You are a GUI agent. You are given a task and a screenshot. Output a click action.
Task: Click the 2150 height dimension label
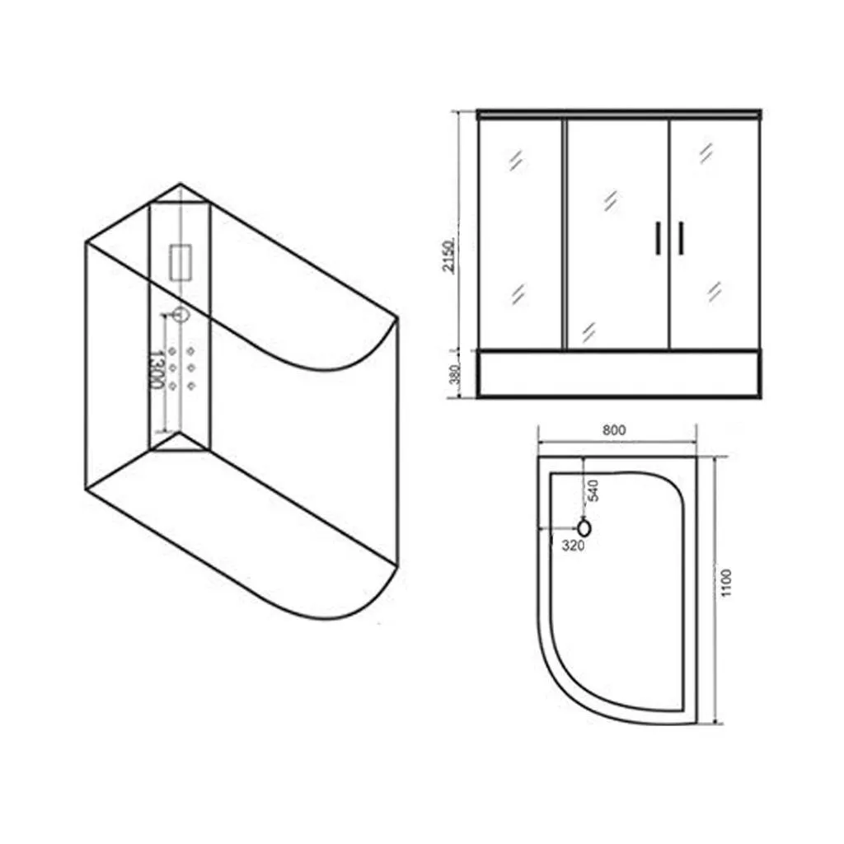point(449,256)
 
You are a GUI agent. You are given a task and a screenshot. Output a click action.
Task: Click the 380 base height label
point(455,374)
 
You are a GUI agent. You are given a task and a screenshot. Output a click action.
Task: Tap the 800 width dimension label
point(614,430)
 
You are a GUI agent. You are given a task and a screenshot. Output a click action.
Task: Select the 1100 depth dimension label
point(727,583)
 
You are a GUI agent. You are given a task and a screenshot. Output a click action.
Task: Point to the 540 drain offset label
point(593,490)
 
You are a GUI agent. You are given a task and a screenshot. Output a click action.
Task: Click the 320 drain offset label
point(573,546)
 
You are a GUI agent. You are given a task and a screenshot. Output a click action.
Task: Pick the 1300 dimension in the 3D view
point(156,369)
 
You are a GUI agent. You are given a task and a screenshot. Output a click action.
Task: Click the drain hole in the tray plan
point(584,528)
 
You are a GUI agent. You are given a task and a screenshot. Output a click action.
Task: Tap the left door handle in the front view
point(658,237)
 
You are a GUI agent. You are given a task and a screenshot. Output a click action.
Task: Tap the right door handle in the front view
point(681,237)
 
